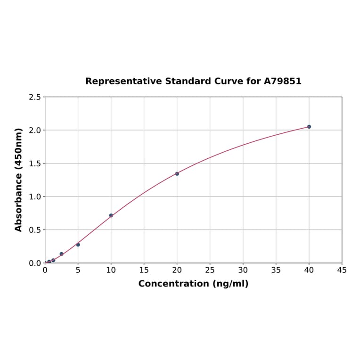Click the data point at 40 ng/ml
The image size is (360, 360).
[309, 127]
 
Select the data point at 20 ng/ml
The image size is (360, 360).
[177, 174]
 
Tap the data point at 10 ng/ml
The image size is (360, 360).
[111, 215]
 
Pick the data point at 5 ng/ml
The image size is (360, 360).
[78, 245]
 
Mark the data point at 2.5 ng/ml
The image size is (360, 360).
[61, 254]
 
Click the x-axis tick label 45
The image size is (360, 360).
[342, 270]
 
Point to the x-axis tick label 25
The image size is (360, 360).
[210, 270]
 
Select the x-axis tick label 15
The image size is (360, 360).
[144, 270]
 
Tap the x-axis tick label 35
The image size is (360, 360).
[276, 270]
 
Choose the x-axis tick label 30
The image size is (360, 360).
[243, 270]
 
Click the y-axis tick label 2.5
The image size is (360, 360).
[34, 97]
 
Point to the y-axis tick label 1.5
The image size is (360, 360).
[34, 164]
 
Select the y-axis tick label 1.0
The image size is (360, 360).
[34, 196]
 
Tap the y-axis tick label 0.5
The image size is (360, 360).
[34, 230]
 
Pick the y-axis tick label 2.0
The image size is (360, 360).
[34, 130]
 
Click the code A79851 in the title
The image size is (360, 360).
[282, 82]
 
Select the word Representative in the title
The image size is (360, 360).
[123, 82]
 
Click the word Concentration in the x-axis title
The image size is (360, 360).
[173, 284]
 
